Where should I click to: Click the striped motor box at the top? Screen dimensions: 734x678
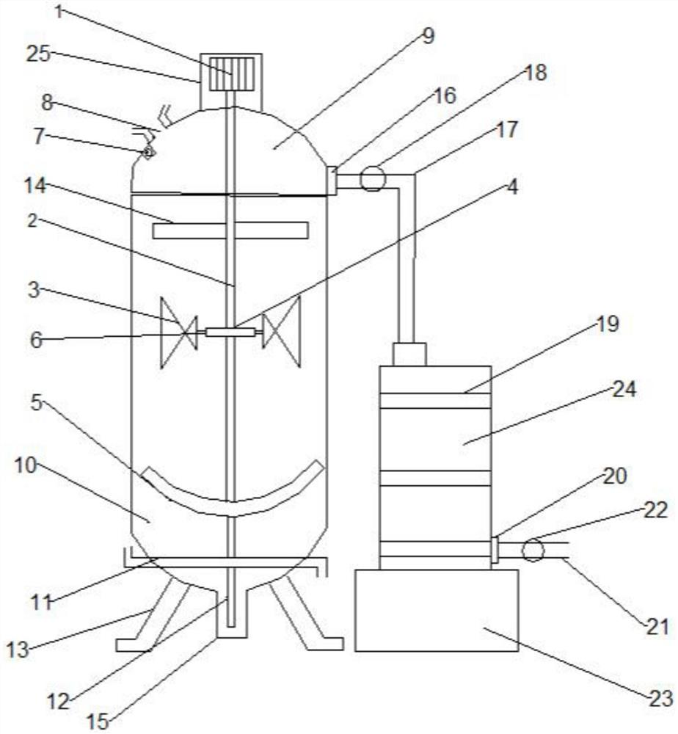[231, 73]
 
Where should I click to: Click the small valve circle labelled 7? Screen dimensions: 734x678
[148, 152]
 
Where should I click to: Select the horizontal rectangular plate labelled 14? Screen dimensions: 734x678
[230, 230]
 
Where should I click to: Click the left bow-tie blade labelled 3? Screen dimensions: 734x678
[179, 333]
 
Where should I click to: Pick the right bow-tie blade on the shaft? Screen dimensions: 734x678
[282, 333]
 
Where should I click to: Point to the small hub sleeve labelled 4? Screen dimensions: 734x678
[230, 333]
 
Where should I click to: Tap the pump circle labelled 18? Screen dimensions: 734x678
[373, 178]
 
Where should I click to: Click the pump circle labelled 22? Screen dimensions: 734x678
[533, 550]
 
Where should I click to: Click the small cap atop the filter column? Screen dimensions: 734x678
[409, 355]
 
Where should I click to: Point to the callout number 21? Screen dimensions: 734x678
[657, 626]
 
